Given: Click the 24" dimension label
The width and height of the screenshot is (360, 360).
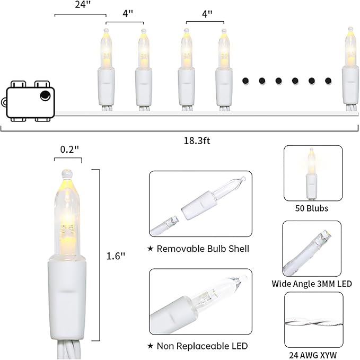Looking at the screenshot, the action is (x=83, y=4).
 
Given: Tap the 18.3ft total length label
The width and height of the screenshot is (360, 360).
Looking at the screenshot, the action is (x=197, y=141).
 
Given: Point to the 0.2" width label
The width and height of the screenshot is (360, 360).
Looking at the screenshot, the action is (x=69, y=150).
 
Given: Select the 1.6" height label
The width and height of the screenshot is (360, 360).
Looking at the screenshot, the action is (x=116, y=256).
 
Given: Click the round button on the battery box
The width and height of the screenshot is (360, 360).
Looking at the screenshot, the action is (x=45, y=95).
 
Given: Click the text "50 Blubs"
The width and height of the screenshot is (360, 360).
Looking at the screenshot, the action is (x=312, y=208).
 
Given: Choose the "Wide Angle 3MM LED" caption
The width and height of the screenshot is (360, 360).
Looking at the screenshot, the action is (x=312, y=284).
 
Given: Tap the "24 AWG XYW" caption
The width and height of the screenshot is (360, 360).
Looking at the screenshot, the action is (x=313, y=355).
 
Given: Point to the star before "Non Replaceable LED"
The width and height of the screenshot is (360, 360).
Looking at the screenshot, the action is (x=151, y=346).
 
